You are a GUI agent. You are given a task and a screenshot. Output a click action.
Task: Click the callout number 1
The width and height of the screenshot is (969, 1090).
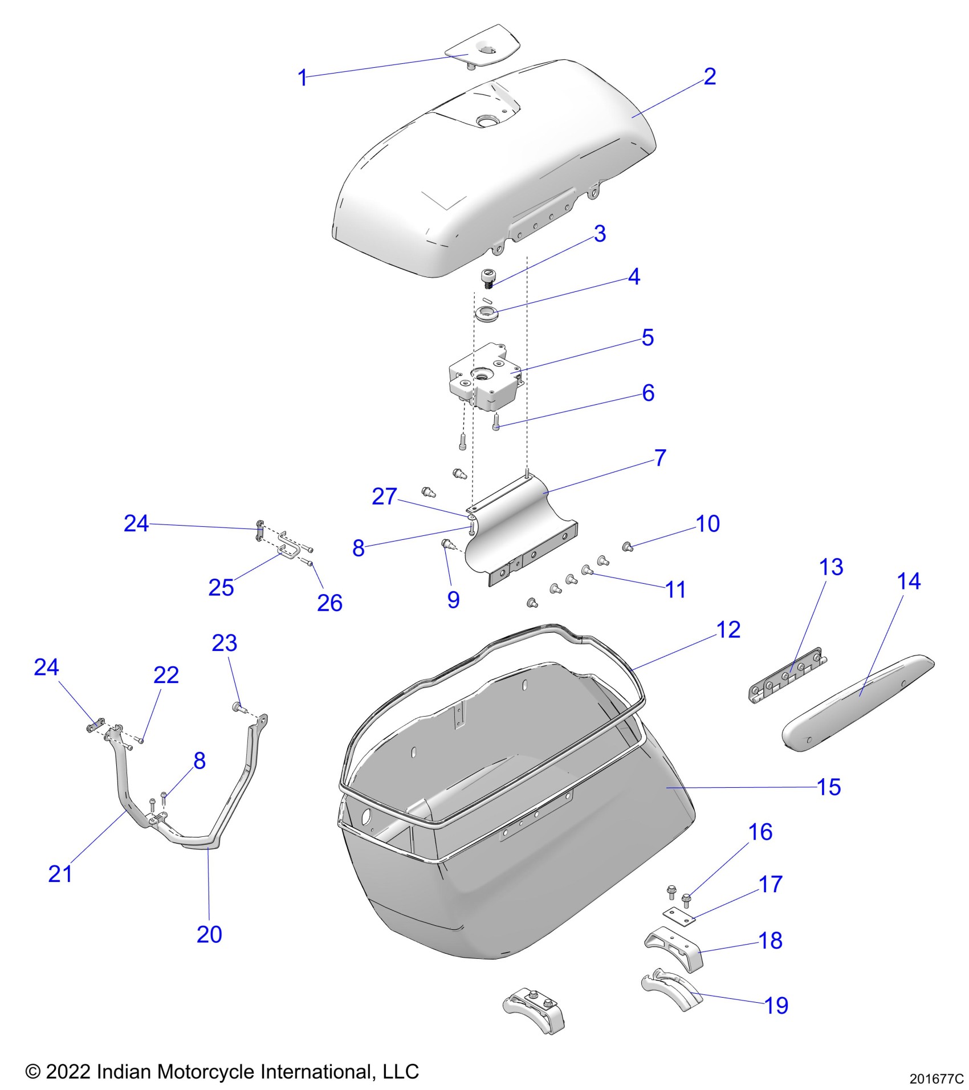tap(303, 78)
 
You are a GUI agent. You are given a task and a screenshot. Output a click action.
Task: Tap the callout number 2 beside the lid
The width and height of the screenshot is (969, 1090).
tap(709, 76)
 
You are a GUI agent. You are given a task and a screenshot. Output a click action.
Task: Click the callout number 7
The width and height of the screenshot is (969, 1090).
tap(660, 458)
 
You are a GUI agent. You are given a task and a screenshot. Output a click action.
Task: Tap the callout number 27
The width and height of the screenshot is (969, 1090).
tap(384, 497)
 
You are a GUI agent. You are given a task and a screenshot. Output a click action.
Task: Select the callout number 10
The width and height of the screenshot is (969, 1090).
tap(708, 523)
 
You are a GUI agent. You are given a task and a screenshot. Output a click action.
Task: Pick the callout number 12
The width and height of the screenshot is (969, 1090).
tap(728, 629)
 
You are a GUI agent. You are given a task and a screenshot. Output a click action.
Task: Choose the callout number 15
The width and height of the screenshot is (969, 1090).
tap(829, 787)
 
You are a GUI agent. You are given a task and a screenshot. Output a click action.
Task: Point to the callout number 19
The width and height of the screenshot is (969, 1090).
tap(776, 1006)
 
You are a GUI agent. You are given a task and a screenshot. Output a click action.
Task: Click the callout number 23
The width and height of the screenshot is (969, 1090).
tap(224, 643)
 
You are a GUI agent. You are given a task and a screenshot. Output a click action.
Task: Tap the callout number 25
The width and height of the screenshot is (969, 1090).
tap(221, 587)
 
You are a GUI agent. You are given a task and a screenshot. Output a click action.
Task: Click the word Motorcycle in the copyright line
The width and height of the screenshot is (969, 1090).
tap(205, 1071)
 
